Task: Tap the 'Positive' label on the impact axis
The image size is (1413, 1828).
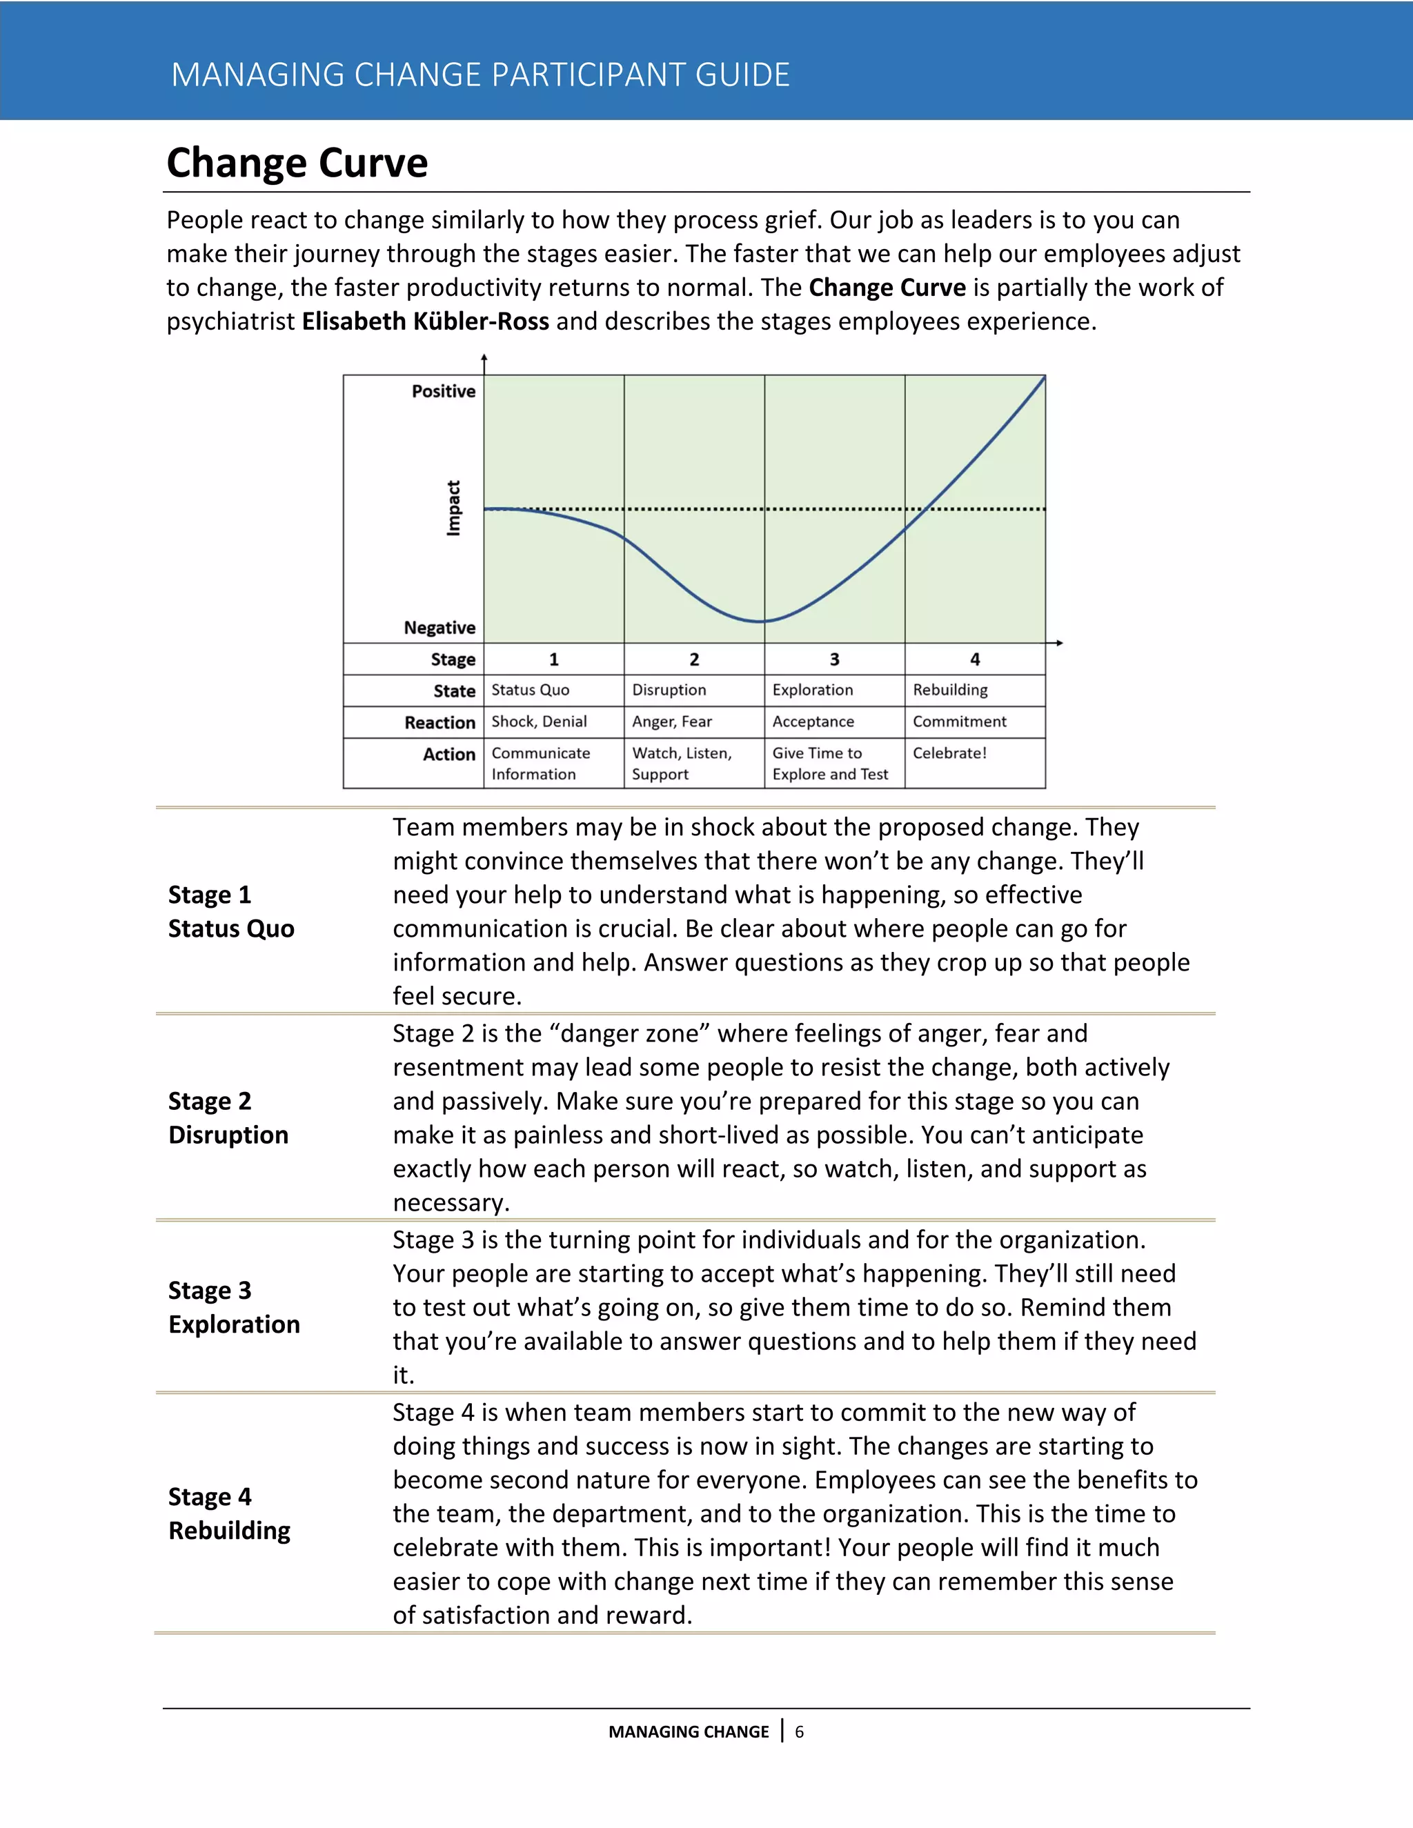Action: tap(443, 391)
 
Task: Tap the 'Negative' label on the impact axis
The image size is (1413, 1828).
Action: tap(439, 628)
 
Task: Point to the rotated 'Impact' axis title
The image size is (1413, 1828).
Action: tap(453, 508)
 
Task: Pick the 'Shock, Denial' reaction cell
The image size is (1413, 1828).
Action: tap(539, 722)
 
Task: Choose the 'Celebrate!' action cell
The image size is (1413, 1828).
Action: tap(949, 753)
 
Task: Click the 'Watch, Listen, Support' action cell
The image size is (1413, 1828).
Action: tap(682, 764)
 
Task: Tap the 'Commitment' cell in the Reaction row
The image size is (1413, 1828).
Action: tap(959, 722)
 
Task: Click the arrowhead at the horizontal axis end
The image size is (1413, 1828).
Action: tap(1059, 643)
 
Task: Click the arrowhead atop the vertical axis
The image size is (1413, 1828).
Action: tap(484, 358)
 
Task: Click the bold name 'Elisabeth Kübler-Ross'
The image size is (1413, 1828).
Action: tap(425, 321)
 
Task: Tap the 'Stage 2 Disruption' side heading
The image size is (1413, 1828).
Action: tap(228, 1117)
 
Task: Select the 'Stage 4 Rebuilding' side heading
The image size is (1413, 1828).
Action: tap(228, 1513)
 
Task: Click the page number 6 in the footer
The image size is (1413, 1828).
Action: tap(800, 1731)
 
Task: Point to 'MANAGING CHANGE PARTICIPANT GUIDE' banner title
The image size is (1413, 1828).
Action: tap(480, 74)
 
